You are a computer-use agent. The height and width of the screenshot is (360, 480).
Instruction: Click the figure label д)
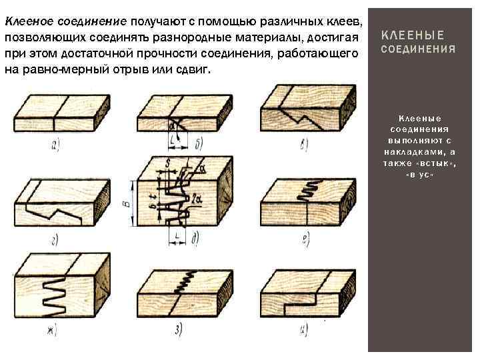(x=194, y=237)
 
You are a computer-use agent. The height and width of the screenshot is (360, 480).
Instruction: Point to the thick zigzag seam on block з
(x=185, y=279)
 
